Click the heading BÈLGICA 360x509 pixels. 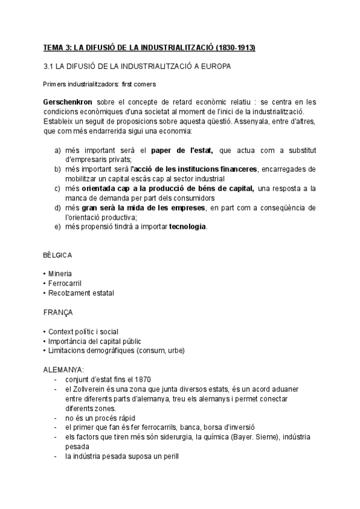(x=58, y=254)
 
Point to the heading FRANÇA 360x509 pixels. (x=58, y=312)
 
